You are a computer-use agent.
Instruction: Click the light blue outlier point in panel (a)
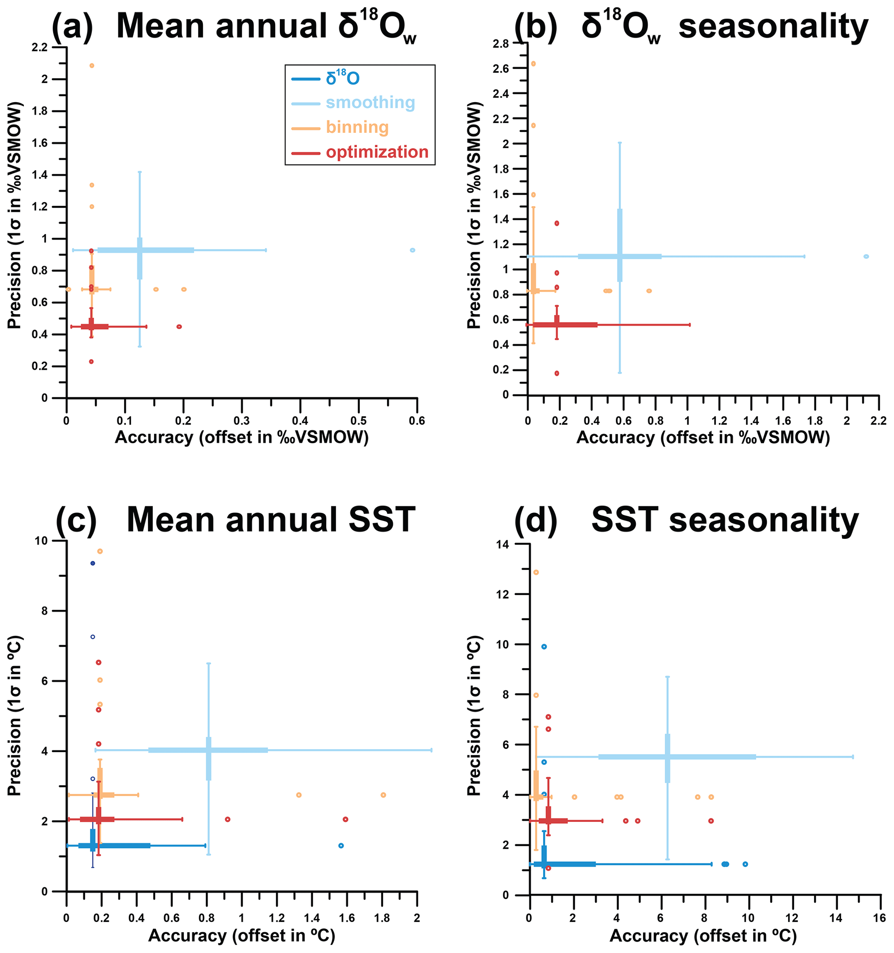(x=413, y=250)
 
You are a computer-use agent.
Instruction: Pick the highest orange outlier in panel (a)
(x=92, y=66)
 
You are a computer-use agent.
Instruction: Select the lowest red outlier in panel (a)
(x=91, y=361)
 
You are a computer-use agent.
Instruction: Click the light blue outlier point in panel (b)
(x=866, y=257)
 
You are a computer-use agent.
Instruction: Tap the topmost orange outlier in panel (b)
(x=533, y=64)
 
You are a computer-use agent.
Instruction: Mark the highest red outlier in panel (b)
(x=557, y=223)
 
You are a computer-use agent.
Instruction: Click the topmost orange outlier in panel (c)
(x=99, y=551)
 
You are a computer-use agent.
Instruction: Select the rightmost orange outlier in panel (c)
(x=383, y=795)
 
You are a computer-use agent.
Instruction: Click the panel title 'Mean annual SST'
(x=271, y=520)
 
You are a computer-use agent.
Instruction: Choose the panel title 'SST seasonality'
(x=725, y=520)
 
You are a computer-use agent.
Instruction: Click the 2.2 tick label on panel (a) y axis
(x=40, y=47)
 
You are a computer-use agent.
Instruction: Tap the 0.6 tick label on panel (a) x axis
(x=417, y=421)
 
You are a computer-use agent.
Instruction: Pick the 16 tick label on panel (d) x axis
(x=880, y=918)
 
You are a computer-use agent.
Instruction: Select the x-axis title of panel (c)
(x=241, y=935)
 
